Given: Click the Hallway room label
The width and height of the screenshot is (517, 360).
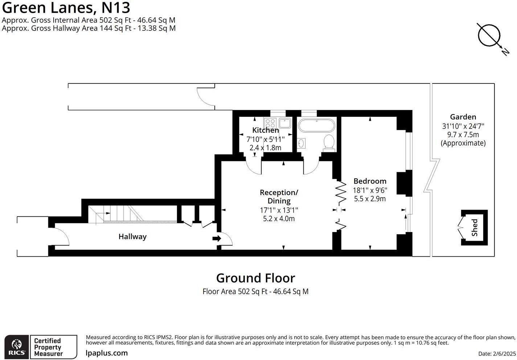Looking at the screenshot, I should (x=132, y=237).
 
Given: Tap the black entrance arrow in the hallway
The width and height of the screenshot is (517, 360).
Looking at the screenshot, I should (x=217, y=239).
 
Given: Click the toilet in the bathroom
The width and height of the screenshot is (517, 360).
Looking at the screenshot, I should (x=329, y=142).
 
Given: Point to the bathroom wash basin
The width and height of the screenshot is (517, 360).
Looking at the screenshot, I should (x=301, y=144).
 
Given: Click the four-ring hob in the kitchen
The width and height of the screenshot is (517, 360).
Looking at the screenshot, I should (x=270, y=123).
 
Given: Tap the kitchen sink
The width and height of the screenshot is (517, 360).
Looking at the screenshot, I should (x=285, y=123).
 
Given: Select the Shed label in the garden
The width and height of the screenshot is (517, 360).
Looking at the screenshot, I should (x=475, y=228).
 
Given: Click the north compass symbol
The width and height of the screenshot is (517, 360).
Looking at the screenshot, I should (x=489, y=35).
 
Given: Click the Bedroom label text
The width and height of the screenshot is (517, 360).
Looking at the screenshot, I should (x=370, y=181).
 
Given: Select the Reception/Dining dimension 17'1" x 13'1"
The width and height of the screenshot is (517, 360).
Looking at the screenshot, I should (x=279, y=210).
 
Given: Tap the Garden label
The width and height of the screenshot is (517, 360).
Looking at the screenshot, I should (x=463, y=117).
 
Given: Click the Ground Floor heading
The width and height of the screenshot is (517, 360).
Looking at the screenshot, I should (x=255, y=278).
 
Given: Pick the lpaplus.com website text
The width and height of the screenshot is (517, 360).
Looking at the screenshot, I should (x=107, y=353).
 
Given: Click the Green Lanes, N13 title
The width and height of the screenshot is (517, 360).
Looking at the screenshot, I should (x=66, y=8).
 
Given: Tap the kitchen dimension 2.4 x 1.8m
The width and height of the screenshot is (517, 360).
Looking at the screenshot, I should (x=265, y=148).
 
